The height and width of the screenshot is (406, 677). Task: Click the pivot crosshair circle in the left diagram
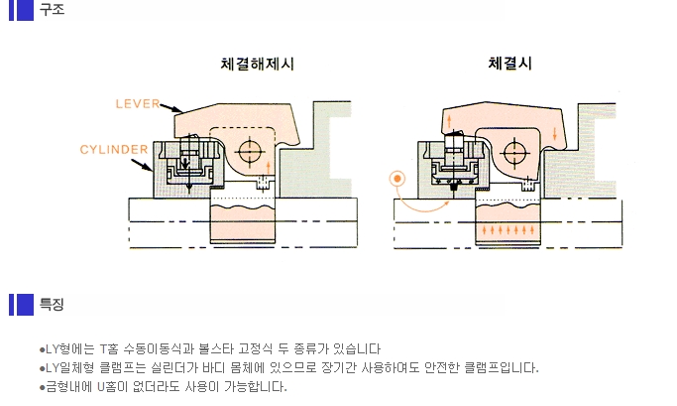pos(250,151)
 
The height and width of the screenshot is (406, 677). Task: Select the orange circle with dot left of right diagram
pos(397,180)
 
